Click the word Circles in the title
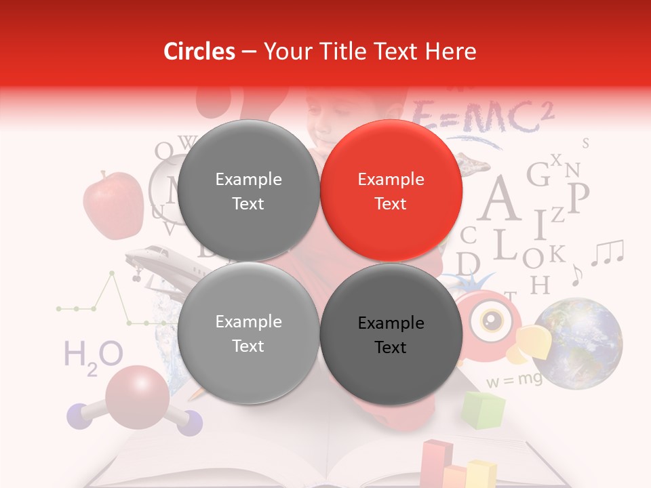click(x=199, y=52)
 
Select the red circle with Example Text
click(x=391, y=191)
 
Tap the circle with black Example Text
click(x=391, y=334)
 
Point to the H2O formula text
click(x=93, y=357)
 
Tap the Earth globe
click(x=576, y=343)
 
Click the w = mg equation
click(x=514, y=380)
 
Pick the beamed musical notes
click(x=607, y=252)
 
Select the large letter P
click(x=578, y=197)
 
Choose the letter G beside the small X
click(x=538, y=174)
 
